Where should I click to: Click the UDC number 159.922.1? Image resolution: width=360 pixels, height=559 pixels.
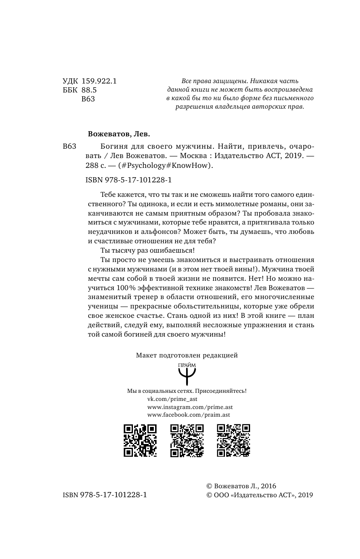point(99,81)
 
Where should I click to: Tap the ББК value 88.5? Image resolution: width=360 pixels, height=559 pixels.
point(89,90)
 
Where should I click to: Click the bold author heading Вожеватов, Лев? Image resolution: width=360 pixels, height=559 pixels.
point(119,133)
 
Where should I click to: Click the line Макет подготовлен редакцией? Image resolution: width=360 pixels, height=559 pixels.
point(187,354)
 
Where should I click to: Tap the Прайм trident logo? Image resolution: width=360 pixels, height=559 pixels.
point(187,373)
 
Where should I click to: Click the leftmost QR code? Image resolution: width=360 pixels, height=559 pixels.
point(140,441)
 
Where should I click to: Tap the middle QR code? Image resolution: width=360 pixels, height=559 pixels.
point(187,441)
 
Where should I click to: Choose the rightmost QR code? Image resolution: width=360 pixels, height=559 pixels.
point(233,441)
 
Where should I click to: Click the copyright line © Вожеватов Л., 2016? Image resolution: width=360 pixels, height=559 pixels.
point(241,486)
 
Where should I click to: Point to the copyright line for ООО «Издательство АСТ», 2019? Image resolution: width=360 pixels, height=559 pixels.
point(259,495)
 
